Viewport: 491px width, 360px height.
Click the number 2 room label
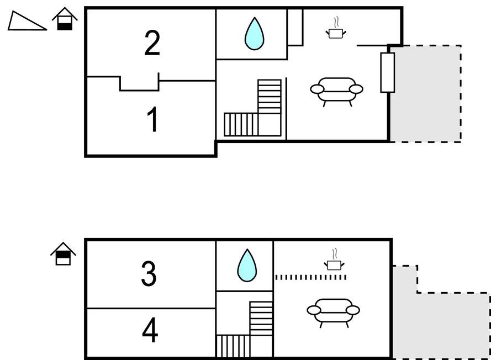pos(152,44)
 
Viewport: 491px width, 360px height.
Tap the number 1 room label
pos(153,120)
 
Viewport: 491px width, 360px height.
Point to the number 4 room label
pos(150,331)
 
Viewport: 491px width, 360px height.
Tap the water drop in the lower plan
pos(247,266)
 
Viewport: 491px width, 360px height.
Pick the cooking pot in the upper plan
pos(335,32)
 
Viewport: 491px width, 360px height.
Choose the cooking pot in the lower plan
pos(333,264)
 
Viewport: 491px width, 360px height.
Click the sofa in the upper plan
pos(336,91)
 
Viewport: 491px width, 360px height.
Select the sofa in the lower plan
pos(333,312)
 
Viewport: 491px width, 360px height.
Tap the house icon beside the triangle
pos(65,19)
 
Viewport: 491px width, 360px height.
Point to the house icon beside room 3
pos(64,254)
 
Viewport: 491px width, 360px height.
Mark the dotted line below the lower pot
pos(310,277)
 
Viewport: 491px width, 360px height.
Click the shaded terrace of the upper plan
pos(425,94)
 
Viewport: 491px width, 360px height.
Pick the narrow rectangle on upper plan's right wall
pos(388,72)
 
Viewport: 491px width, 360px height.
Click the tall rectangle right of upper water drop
pos(295,27)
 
